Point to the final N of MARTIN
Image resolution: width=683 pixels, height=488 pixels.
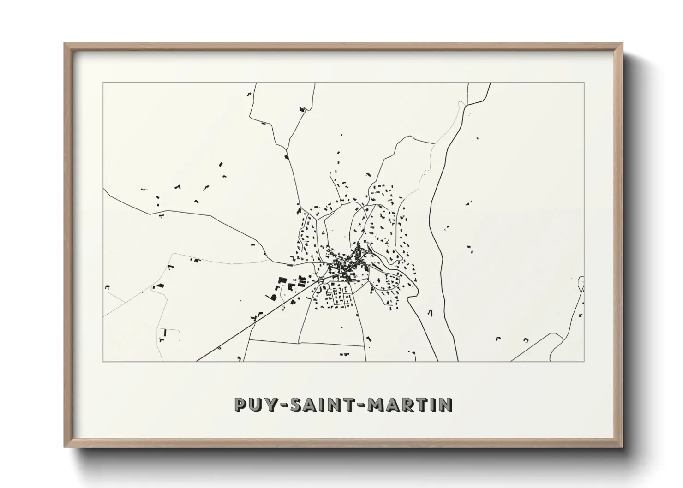[x=445, y=405]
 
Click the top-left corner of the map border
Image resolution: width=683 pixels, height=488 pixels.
[x=103, y=83]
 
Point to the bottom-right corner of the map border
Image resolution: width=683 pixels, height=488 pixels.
[x=584, y=361]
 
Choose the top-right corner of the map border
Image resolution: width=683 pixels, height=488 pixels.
[x=584, y=83]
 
